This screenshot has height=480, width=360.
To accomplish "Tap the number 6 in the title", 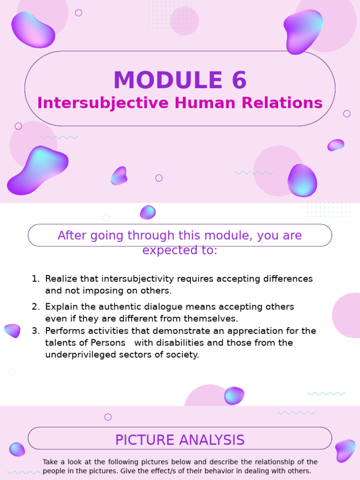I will (x=239, y=81).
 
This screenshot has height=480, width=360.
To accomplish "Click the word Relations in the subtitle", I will (x=287, y=103).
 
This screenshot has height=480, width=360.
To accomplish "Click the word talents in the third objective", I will (x=59, y=343).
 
